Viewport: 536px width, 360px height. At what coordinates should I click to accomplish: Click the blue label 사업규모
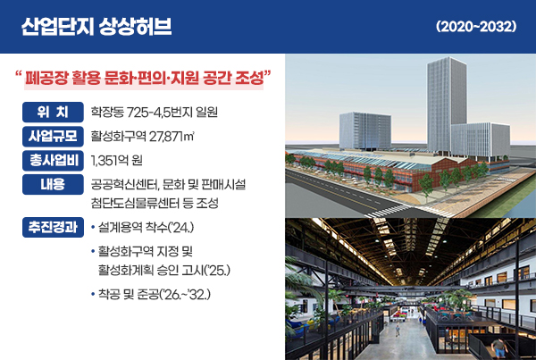54,137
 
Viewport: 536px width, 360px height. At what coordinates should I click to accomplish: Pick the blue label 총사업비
54,161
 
